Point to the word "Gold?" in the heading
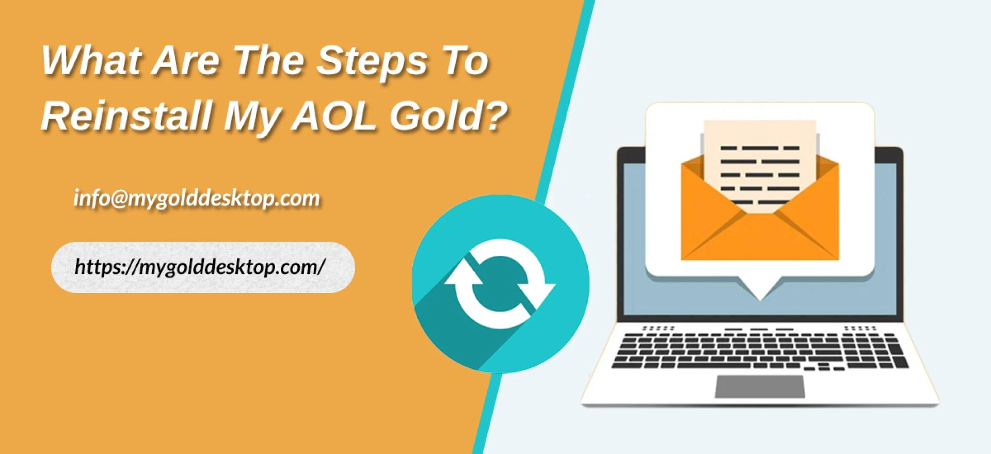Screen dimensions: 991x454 pyautogui.click(x=446, y=116)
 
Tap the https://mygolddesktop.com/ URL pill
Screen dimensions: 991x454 pyautogui.click(x=203, y=267)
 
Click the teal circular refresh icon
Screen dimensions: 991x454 pyautogui.click(x=500, y=283)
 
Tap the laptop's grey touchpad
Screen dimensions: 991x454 pyautogui.click(x=760, y=386)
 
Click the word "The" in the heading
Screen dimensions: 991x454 pyautogui.click(x=268, y=61)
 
